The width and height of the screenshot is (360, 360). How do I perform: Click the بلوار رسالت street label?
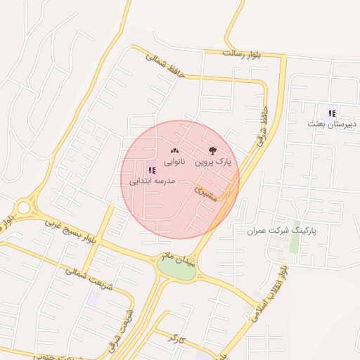(x=241, y=53)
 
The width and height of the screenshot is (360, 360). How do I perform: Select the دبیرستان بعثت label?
(x=333, y=124)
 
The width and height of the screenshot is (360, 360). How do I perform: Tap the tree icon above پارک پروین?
(x=212, y=150)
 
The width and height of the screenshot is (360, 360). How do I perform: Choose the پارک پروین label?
(x=213, y=162)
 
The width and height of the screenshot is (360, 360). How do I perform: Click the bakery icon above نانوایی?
(x=175, y=150)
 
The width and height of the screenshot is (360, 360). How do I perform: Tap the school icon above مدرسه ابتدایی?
(x=152, y=169)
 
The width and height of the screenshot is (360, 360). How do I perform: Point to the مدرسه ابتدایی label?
(x=151, y=181)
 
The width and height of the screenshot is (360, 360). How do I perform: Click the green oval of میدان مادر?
(x=176, y=270)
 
